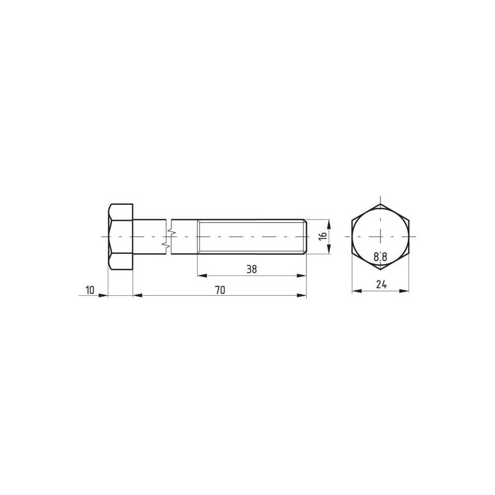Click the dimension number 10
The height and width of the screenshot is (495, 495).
pyautogui.click(x=90, y=290)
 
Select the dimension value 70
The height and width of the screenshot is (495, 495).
pyautogui.click(x=220, y=290)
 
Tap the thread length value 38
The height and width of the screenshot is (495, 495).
pyautogui.click(x=252, y=269)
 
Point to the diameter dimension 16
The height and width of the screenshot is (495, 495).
pyautogui.click(x=322, y=236)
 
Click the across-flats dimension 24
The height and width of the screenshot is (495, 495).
pyautogui.click(x=381, y=285)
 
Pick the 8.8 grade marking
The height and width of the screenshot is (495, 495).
pyautogui.click(x=381, y=257)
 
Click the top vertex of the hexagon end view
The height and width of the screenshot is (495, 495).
pyautogui.click(x=381, y=204)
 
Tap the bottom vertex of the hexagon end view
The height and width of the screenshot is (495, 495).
pyautogui.click(x=381, y=269)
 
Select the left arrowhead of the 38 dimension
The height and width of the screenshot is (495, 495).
pyautogui.click(x=202, y=275)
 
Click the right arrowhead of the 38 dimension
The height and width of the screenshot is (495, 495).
pyautogui.click(x=302, y=275)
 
